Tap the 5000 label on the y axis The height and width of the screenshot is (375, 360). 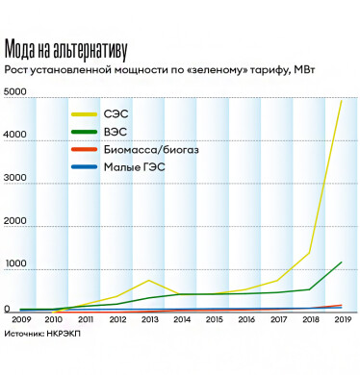click(x=17, y=93)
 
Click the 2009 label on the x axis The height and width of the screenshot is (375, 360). click(x=21, y=319)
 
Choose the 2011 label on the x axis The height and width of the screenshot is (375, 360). click(x=85, y=319)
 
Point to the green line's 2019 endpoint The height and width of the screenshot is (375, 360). click(x=341, y=262)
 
